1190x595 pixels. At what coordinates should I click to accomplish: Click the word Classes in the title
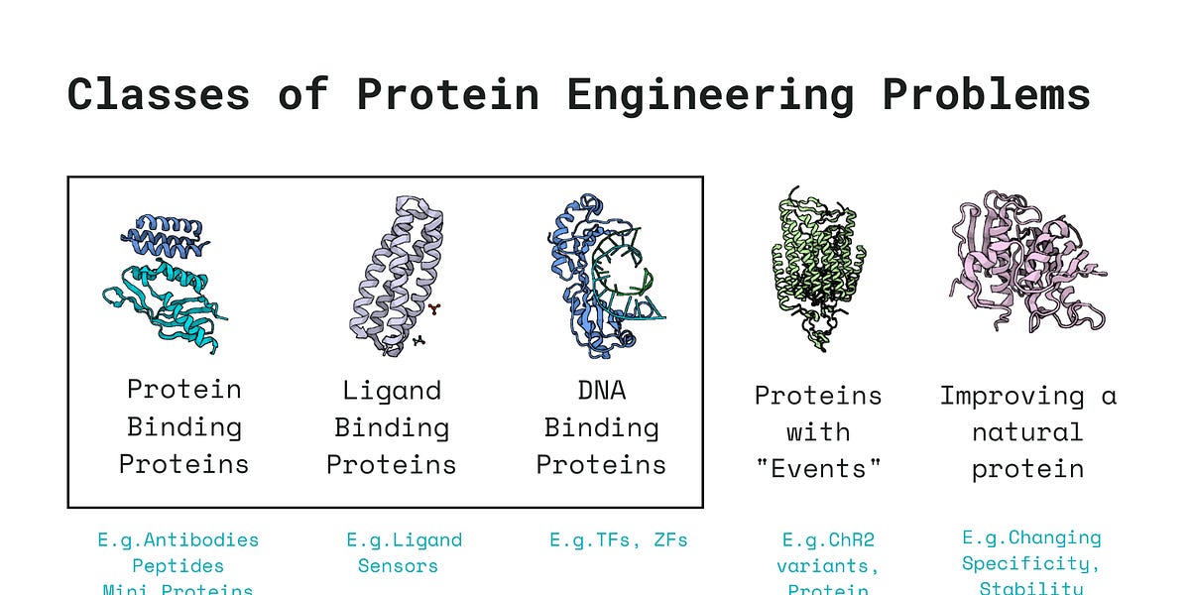(x=158, y=95)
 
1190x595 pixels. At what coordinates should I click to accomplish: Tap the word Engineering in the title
(x=710, y=95)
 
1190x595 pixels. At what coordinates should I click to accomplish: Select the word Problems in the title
(x=986, y=95)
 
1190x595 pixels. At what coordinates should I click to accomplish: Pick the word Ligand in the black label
(x=392, y=390)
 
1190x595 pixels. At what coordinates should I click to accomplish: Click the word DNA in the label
(x=601, y=390)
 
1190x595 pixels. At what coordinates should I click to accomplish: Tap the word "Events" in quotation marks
(x=818, y=469)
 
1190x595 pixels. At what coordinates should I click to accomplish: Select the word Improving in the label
(x=998, y=396)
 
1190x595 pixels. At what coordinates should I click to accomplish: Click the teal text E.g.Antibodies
(x=178, y=540)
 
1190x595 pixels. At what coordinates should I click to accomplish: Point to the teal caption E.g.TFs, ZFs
(x=618, y=540)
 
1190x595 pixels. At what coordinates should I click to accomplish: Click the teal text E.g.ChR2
(x=829, y=540)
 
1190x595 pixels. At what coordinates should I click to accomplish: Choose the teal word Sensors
(x=398, y=566)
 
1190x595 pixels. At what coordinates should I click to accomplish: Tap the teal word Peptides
(x=178, y=566)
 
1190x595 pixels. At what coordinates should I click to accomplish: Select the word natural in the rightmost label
(x=1027, y=432)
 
